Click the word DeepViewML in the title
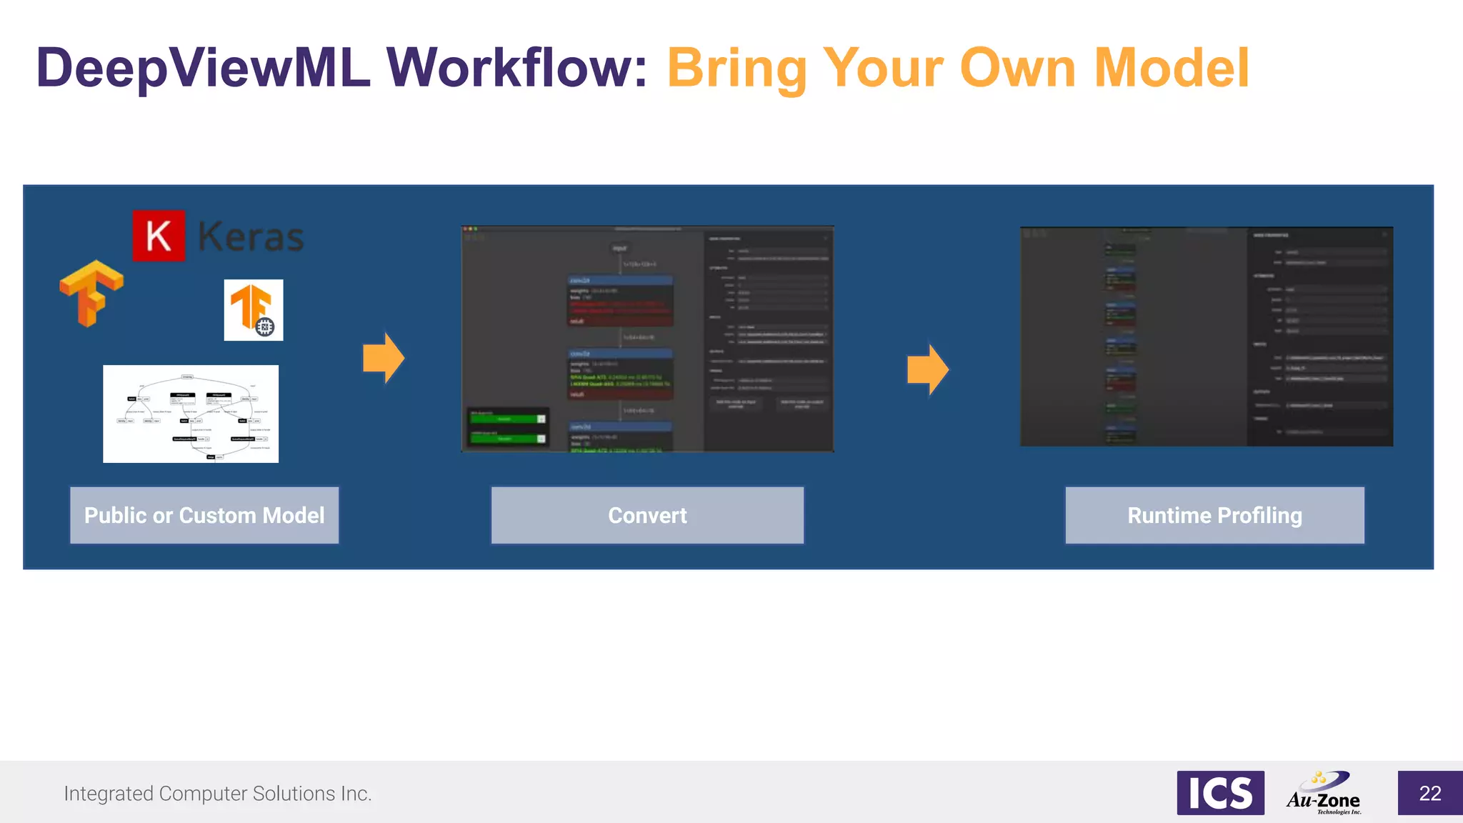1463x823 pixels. click(x=203, y=69)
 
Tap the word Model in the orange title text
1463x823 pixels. click(x=1172, y=69)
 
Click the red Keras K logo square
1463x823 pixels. click(x=159, y=236)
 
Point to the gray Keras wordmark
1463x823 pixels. click(x=250, y=237)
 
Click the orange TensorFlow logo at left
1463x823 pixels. click(x=91, y=293)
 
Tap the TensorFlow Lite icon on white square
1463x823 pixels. click(x=254, y=309)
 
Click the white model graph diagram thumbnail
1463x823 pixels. click(x=191, y=414)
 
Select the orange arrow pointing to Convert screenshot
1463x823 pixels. click(x=384, y=357)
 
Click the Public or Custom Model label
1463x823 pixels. click(x=204, y=515)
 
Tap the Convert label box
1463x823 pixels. click(x=647, y=515)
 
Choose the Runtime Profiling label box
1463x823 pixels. click(x=1214, y=515)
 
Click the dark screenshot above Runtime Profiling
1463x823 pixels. click(x=1206, y=336)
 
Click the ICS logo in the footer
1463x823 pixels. click(x=1220, y=793)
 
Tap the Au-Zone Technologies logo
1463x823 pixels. click(x=1324, y=793)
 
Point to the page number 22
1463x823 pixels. click(x=1429, y=793)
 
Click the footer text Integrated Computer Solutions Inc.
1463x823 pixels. click(x=218, y=794)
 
